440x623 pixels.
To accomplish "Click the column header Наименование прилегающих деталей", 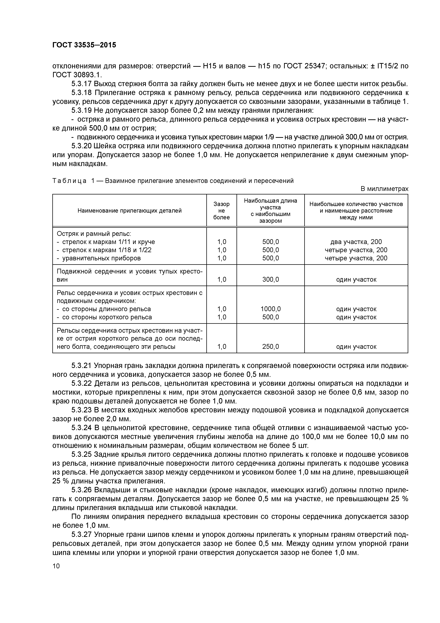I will tap(130, 211).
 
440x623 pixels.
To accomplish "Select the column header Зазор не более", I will tap(221, 211).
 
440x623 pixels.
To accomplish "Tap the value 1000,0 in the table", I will tap(271, 309).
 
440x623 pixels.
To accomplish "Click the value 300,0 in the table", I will tap(271, 280).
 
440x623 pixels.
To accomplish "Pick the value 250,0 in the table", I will tap(271, 346).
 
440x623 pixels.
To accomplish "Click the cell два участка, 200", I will tap(356, 242).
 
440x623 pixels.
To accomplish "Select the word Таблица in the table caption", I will tap(69, 181).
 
